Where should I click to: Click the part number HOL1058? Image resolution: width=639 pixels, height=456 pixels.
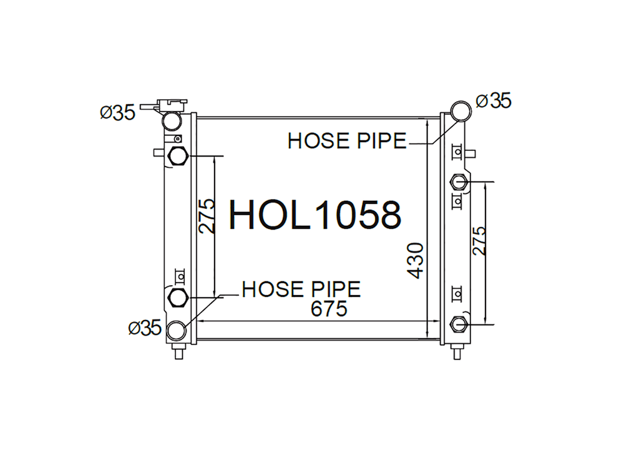[x=315, y=215]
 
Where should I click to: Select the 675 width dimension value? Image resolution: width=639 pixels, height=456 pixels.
[x=328, y=309]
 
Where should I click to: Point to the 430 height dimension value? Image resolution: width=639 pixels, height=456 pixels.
[x=416, y=261]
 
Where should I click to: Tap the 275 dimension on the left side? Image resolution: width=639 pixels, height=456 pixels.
[x=207, y=216]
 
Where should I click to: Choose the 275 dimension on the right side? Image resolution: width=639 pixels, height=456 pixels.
[x=479, y=241]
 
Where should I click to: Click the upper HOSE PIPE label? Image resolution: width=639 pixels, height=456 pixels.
[x=347, y=141]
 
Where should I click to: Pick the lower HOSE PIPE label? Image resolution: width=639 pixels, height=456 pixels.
[x=301, y=289]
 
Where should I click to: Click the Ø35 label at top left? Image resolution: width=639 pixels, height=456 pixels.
[x=117, y=112]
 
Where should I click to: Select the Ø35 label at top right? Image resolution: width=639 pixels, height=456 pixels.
[x=493, y=100]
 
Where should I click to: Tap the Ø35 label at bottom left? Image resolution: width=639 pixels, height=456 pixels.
[x=145, y=327]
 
